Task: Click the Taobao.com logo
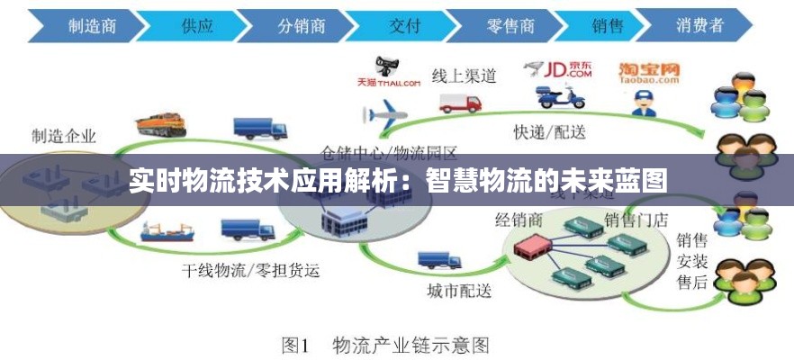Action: pos(648,72)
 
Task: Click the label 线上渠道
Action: pos(465,76)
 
